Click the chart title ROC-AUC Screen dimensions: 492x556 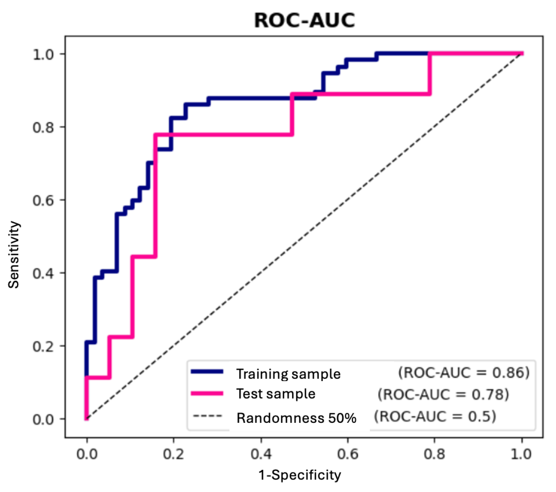(304, 20)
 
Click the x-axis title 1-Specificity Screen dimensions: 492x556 (299, 475)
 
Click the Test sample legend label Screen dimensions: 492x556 (276, 394)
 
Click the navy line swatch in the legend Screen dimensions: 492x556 (207, 372)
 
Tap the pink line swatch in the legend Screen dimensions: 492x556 (207, 393)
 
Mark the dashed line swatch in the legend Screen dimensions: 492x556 (207, 416)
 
